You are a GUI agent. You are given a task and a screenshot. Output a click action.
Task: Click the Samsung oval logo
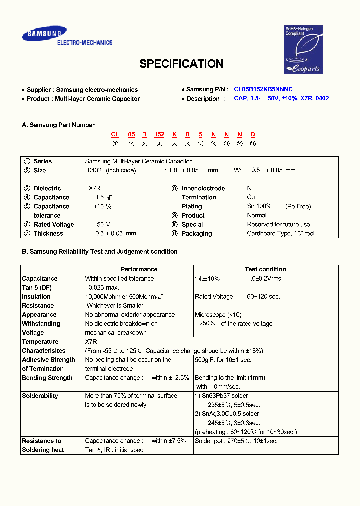(x=44, y=34)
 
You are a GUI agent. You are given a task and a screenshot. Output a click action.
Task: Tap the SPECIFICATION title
(x=181, y=64)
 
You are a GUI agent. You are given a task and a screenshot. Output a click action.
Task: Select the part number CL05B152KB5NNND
(x=263, y=89)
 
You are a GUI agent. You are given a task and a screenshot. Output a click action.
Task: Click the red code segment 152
(x=159, y=134)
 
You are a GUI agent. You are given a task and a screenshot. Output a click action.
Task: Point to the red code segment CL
(x=115, y=134)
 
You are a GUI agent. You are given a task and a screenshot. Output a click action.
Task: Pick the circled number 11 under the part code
(x=253, y=144)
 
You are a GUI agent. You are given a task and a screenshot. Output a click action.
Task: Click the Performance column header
(x=139, y=269)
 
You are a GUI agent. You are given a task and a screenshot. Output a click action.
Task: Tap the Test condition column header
(x=265, y=269)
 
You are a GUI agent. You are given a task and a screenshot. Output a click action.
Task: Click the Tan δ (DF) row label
(x=37, y=287)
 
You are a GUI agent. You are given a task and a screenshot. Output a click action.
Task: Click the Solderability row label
(x=40, y=396)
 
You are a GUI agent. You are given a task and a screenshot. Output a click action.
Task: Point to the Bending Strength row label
(x=47, y=378)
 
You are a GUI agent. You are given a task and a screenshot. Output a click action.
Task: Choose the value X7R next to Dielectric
(x=95, y=188)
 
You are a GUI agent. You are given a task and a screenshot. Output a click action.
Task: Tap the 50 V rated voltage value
(x=104, y=224)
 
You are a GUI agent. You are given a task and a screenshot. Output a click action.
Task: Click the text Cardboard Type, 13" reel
(x=281, y=233)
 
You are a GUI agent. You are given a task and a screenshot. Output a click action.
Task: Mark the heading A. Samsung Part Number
(x=58, y=125)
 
